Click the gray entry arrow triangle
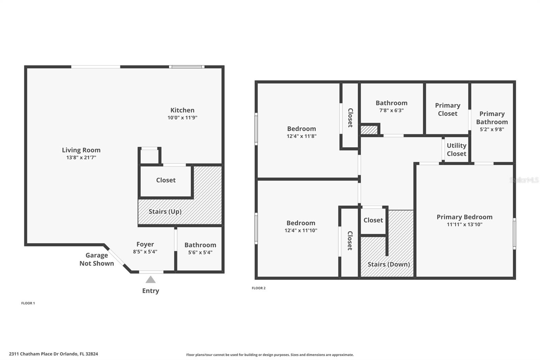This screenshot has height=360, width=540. click(151, 280)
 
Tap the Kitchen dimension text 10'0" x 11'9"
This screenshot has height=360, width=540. click(183, 118)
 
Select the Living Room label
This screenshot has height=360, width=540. click(81, 150)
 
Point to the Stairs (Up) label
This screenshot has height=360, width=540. click(165, 212)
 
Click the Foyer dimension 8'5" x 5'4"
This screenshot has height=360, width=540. click(145, 252)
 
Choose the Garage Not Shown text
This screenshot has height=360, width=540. click(97, 259)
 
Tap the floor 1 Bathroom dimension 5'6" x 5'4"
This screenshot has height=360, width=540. click(200, 252)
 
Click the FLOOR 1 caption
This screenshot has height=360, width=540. click(28, 303)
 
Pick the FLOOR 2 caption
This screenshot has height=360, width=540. click(259, 288)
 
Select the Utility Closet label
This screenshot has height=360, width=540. click(457, 150)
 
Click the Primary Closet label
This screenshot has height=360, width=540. click(448, 109)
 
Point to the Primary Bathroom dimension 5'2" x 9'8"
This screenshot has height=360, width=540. click(492, 129)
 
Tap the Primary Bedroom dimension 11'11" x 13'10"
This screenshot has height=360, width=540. click(464, 224)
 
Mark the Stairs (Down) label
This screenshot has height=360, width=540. click(388, 264)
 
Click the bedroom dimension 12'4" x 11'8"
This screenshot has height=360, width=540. click(302, 136)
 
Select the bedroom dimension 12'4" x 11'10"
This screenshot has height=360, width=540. click(301, 230)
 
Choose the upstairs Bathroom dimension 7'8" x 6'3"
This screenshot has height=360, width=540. click(391, 110)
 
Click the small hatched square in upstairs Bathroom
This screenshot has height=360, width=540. click(369, 130)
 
